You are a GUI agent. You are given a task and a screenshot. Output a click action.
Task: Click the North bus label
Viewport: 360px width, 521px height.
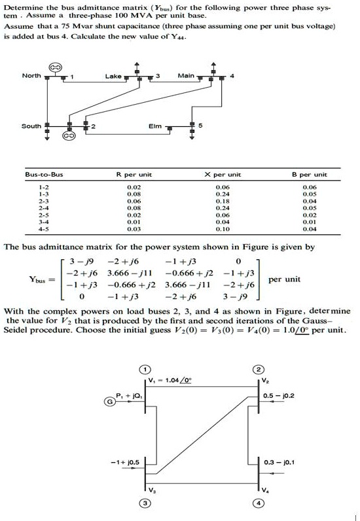point(31,76)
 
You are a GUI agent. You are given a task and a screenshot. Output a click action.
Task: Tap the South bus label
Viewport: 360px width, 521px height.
point(31,126)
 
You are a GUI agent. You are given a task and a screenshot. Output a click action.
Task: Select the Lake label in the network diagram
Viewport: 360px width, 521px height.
point(113,77)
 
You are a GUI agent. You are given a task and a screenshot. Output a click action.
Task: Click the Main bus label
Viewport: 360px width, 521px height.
point(186,77)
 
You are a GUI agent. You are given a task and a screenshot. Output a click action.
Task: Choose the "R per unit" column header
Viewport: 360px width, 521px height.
point(135,175)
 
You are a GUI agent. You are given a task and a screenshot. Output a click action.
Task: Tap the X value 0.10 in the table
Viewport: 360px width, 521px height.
point(222,229)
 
